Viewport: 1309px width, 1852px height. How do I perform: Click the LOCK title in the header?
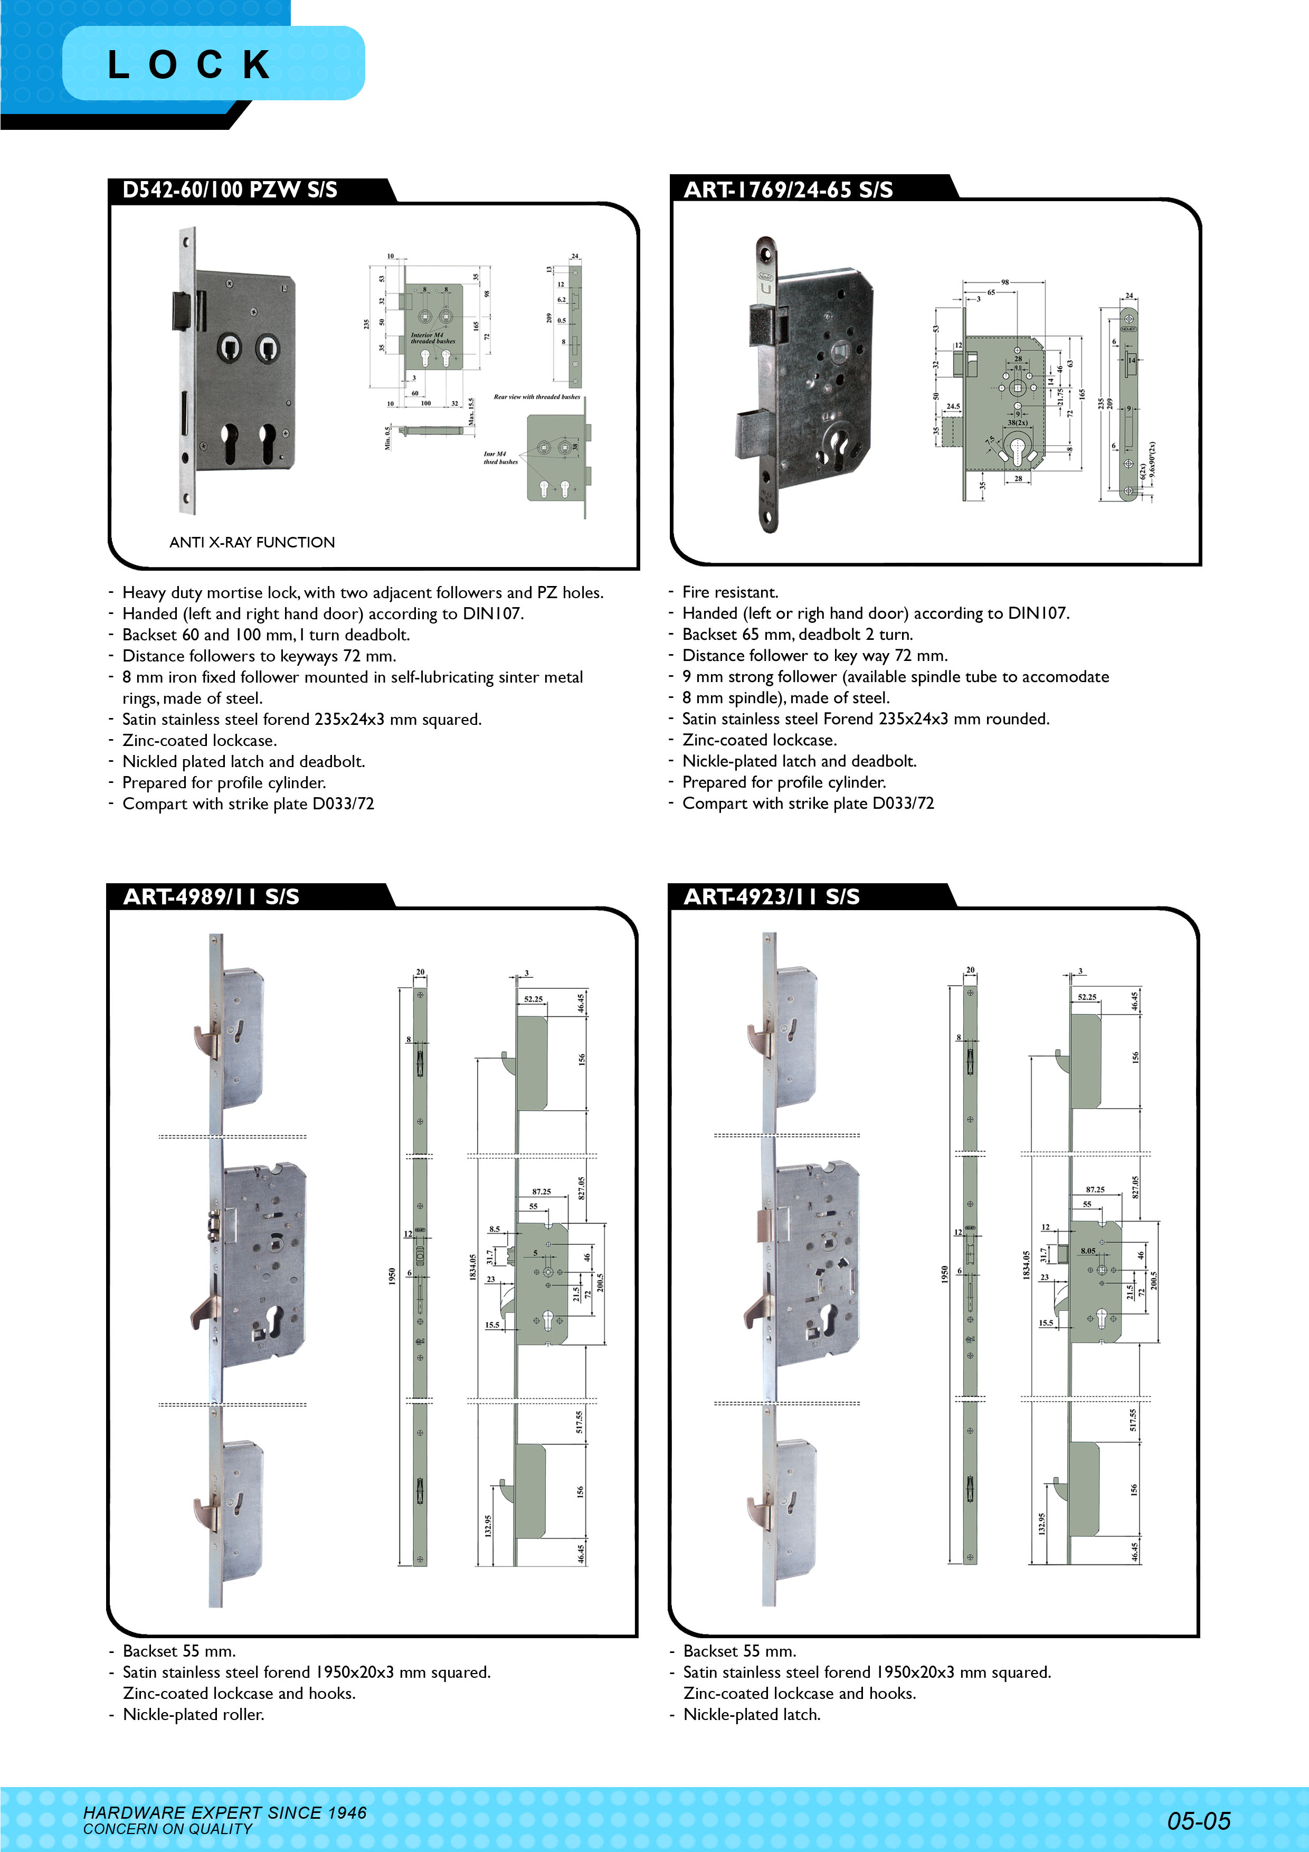tap(191, 64)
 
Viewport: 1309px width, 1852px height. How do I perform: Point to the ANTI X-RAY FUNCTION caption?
tap(252, 542)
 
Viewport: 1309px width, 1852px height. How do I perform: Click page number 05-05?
tap(1199, 1820)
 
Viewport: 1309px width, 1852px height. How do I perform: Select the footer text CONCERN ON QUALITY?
tap(168, 1829)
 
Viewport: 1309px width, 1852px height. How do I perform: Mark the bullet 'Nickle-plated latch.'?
tap(752, 1714)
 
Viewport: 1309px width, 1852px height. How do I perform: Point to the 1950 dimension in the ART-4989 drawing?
tap(392, 1275)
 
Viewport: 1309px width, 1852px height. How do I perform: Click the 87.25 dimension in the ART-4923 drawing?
tap(1095, 1189)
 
